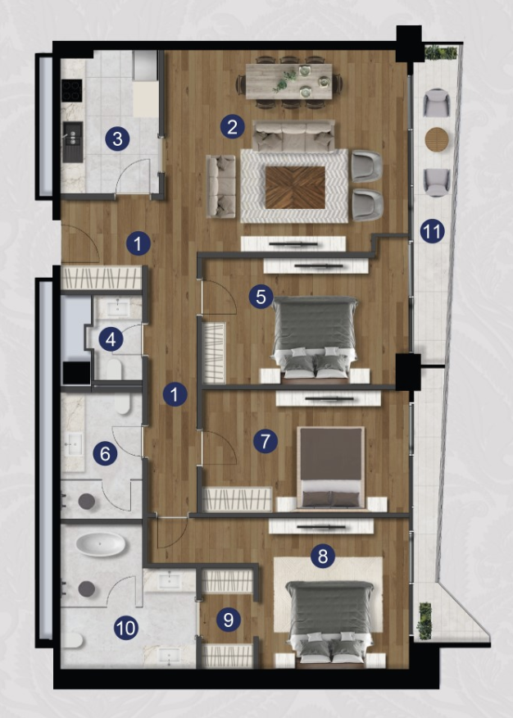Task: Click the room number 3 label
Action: (x=117, y=139)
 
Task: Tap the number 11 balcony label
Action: (x=432, y=231)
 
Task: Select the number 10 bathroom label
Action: (x=126, y=628)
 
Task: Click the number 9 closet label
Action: (x=228, y=620)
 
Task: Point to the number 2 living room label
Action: (x=232, y=126)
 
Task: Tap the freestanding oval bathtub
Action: (x=100, y=544)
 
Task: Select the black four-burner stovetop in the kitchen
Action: (x=72, y=90)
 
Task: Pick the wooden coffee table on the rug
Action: (x=295, y=187)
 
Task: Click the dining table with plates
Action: (x=288, y=81)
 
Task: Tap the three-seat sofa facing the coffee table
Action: (x=293, y=136)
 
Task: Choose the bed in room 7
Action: (x=331, y=467)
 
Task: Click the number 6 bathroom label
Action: (x=105, y=454)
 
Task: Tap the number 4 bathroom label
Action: (x=111, y=339)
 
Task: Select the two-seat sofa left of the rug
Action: (x=221, y=186)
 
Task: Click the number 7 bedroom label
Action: (x=265, y=441)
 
